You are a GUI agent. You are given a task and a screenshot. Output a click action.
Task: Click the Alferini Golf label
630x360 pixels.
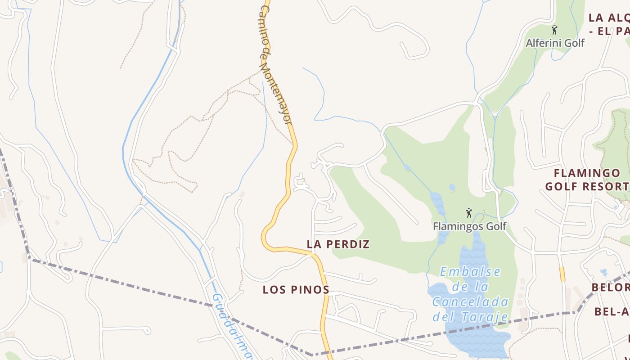pos(555,43)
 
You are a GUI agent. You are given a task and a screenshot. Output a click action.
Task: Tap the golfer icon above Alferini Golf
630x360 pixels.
pos(554,30)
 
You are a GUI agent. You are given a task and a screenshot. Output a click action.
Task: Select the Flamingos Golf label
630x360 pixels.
pos(469,226)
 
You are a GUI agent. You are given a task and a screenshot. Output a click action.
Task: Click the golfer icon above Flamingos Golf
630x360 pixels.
pos(469,213)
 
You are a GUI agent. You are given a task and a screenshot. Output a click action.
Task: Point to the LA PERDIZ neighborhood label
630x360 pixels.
pos(338,244)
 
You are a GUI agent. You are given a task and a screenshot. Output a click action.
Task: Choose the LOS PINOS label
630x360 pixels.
pos(296,290)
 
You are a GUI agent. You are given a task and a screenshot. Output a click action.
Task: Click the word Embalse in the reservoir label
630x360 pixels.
pos(470,272)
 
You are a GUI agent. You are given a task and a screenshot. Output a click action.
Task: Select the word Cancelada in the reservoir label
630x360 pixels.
pos(470,302)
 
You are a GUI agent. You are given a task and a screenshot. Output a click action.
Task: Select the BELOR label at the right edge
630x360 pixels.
pos(610,288)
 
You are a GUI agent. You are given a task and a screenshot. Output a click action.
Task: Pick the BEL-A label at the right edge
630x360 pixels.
pos(612,311)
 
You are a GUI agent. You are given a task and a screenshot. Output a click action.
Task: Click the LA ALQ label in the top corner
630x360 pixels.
pos(609,18)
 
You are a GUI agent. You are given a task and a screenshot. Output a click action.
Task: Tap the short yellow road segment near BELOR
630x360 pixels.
pos(562,274)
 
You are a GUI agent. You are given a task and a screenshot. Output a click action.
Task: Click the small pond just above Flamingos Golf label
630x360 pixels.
pos(452,188)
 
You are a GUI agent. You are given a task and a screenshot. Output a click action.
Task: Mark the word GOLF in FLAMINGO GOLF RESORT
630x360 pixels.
pos(561,186)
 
